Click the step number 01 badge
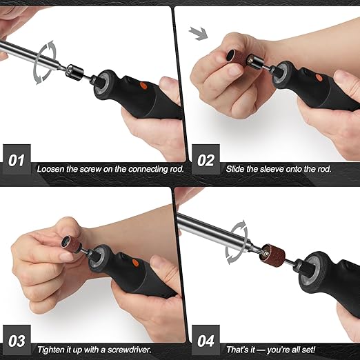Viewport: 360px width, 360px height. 17,159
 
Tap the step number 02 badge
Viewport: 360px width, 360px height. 206,159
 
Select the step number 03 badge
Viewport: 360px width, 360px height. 17,340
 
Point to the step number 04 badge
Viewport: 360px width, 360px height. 206,340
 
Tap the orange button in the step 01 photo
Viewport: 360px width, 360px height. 143,86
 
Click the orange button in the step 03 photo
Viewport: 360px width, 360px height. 135,263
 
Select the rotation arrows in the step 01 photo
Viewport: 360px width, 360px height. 45,63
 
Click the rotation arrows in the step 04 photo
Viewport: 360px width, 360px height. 237,242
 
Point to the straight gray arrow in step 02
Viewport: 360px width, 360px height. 199,33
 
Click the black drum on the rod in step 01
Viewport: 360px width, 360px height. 75,72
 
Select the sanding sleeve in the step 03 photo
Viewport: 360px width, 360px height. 71,244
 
